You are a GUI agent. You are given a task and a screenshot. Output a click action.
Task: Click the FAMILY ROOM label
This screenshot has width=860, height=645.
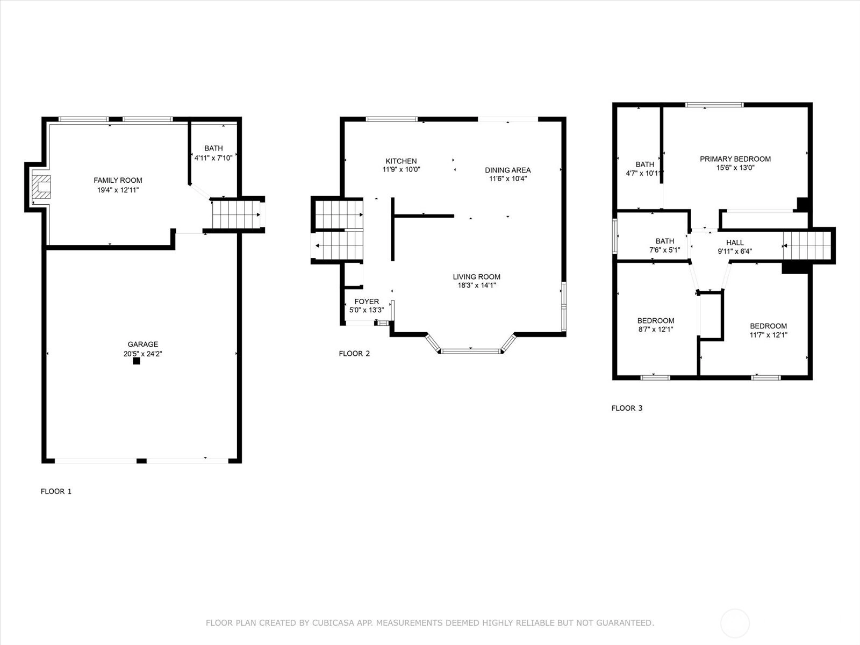click(118, 180)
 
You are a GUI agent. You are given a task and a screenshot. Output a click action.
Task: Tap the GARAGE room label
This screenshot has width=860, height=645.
click(142, 344)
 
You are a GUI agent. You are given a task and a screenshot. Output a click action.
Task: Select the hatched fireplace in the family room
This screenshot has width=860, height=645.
click(41, 187)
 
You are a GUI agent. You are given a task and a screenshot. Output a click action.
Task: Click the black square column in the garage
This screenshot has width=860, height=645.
click(137, 361)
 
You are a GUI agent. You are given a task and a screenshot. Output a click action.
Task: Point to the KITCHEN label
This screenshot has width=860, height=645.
click(401, 161)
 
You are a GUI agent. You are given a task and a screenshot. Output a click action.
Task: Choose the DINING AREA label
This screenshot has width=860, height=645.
click(508, 170)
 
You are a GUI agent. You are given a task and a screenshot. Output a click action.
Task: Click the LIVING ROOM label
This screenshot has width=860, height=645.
click(476, 277)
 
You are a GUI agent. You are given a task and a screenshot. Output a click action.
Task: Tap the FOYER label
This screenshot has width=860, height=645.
click(367, 302)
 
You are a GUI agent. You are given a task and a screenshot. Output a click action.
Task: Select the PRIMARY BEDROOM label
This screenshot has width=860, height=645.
click(735, 159)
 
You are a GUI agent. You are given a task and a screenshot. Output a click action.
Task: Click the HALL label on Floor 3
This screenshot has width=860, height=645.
click(735, 243)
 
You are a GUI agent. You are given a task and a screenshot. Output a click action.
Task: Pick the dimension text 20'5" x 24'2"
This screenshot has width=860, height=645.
click(142, 354)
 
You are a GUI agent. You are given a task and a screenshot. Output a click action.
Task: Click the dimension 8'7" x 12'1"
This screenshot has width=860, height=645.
click(655, 329)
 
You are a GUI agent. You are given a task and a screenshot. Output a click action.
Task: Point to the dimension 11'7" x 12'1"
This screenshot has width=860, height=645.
click(768, 335)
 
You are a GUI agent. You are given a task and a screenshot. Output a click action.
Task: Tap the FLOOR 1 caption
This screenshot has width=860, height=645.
click(56, 491)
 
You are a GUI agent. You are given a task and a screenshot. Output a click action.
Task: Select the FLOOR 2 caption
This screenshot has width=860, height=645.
click(354, 354)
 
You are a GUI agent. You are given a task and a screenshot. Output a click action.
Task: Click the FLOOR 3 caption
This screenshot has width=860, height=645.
click(627, 408)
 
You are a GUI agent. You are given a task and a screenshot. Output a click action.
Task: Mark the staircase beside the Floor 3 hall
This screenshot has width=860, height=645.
click(807, 246)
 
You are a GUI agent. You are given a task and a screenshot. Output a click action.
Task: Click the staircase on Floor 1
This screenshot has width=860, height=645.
click(236, 214)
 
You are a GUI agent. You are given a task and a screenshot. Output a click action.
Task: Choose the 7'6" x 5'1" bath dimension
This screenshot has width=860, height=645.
click(664, 250)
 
